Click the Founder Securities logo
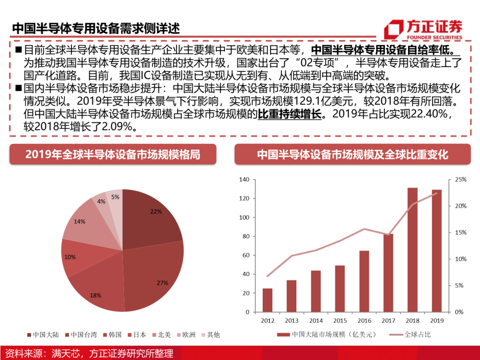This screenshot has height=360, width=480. [423, 29]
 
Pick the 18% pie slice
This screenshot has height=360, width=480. [96, 289]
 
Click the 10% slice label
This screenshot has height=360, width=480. [70, 257]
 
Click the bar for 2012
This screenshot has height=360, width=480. [268, 300]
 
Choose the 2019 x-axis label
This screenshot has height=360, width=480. [436, 321]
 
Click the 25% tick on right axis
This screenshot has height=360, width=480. [460, 180]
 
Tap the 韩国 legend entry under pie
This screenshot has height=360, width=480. [112, 335]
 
